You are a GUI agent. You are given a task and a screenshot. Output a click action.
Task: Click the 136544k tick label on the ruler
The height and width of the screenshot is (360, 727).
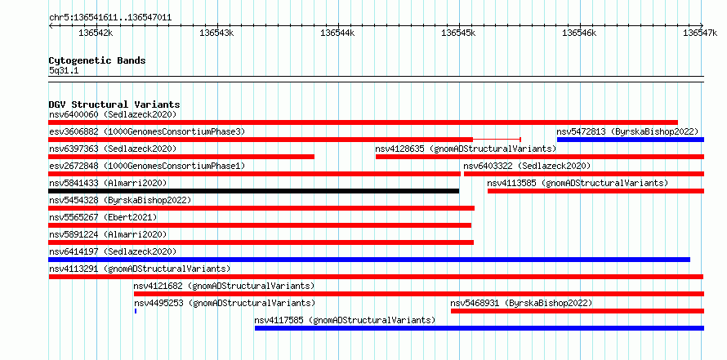point(337,33)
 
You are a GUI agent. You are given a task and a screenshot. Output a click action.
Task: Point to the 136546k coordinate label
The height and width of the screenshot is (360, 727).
point(580,33)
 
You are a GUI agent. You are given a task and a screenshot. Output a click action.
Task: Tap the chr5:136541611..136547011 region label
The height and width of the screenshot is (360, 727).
point(110,18)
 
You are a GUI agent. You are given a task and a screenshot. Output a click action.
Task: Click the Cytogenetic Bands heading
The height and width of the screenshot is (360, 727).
point(97,60)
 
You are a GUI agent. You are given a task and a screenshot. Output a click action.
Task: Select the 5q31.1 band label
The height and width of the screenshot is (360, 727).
point(64,71)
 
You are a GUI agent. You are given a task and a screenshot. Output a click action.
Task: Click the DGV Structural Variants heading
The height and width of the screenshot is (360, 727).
point(114,104)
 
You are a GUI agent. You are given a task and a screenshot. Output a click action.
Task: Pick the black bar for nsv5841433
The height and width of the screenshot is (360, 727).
point(253,191)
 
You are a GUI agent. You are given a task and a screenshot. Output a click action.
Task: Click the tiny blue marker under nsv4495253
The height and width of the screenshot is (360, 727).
point(136,311)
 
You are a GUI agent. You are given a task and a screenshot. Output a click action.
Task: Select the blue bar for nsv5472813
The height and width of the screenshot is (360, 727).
point(631,140)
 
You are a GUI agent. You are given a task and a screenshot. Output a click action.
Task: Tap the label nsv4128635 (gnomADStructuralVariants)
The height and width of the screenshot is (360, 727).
point(466,149)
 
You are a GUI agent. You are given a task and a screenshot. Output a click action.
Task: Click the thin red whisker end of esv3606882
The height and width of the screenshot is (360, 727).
point(520,140)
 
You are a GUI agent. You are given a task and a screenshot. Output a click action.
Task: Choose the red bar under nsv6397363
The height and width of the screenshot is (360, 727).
point(181,157)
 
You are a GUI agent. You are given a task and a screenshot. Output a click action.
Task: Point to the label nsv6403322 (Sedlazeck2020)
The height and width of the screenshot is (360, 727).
point(527,166)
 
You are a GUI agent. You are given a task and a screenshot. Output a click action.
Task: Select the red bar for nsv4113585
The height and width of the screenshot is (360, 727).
point(595,191)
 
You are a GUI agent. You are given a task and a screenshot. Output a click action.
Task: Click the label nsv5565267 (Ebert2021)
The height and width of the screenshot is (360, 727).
point(103,217)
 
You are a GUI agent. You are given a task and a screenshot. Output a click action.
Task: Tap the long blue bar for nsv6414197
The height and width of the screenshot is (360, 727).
point(369,260)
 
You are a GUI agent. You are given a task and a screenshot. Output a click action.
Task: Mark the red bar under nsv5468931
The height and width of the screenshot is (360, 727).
point(578,311)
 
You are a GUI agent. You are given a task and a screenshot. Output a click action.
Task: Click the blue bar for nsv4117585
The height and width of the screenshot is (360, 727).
point(479,328)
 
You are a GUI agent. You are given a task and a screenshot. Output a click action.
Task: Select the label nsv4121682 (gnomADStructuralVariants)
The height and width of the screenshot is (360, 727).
point(224,286)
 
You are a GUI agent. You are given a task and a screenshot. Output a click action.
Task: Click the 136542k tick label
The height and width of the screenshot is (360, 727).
point(96,33)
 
